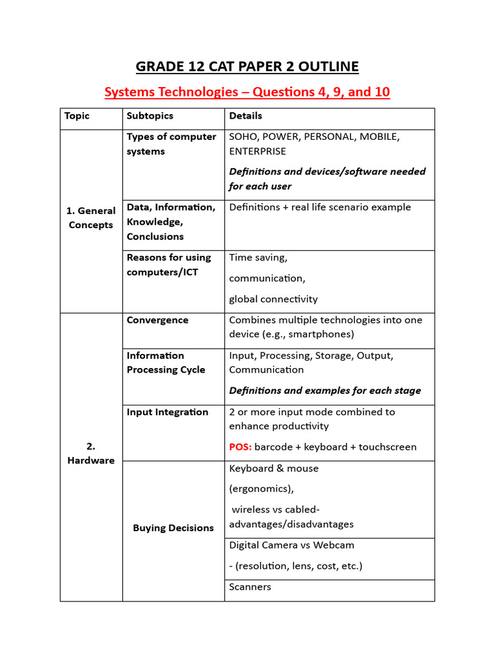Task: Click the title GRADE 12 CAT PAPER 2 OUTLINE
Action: (247, 66)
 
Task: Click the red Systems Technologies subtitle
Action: (247, 92)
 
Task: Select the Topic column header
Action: (77, 116)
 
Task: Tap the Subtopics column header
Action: (150, 116)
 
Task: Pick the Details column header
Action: (246, 116)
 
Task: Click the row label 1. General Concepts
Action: (91, 218)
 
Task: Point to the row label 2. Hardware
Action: (91, 453)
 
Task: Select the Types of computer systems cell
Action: (171, 144)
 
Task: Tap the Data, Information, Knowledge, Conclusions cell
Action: (171, 222)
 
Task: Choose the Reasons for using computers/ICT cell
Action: (169, 265)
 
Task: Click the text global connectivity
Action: (273, 299)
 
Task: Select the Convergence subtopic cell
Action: (158, 320)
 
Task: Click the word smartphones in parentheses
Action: (318, 335)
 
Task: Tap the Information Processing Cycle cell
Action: (166, 363)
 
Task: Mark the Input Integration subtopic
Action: (168, 412)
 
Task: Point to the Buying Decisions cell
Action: (173, 528)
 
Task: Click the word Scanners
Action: (250, 587)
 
